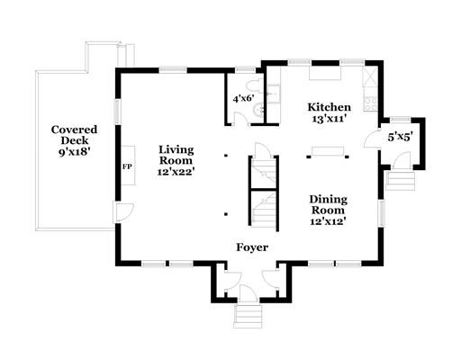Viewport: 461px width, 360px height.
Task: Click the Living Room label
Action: [x=176, y=155]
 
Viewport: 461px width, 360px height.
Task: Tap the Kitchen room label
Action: [x=329, y=107]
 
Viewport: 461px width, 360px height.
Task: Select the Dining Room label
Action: [x=329, y=204]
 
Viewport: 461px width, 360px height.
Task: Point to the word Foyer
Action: [x=252, y=247]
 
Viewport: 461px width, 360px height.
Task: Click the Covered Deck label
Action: [x=74, y=135]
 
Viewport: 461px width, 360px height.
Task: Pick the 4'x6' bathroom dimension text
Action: [x=244, y=98]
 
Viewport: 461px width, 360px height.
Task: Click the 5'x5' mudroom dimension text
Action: [x=400, y=138]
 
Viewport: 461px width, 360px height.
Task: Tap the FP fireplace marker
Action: [x=127, y=166]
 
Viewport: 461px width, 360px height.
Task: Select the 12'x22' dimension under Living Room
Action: [x=176, y=172]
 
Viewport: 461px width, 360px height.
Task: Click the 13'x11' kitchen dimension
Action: [x=330, y=119]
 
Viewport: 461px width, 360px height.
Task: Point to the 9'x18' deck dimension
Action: [x=74, y=152]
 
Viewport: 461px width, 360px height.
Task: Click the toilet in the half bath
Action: [x=255, y=85]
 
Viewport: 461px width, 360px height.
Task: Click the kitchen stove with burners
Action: [x=370, y=103]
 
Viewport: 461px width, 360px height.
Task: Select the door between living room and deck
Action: [x=123, y=212]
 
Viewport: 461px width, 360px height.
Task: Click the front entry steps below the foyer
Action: [x=248, y=316]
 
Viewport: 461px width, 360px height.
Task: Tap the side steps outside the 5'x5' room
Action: [x=401, y=181]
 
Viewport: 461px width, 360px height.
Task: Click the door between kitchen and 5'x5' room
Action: [x=372, y=139]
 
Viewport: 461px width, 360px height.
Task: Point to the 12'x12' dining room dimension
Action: [x=328, y=221]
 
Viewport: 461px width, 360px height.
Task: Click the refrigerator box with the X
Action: [x=370, y=76]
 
